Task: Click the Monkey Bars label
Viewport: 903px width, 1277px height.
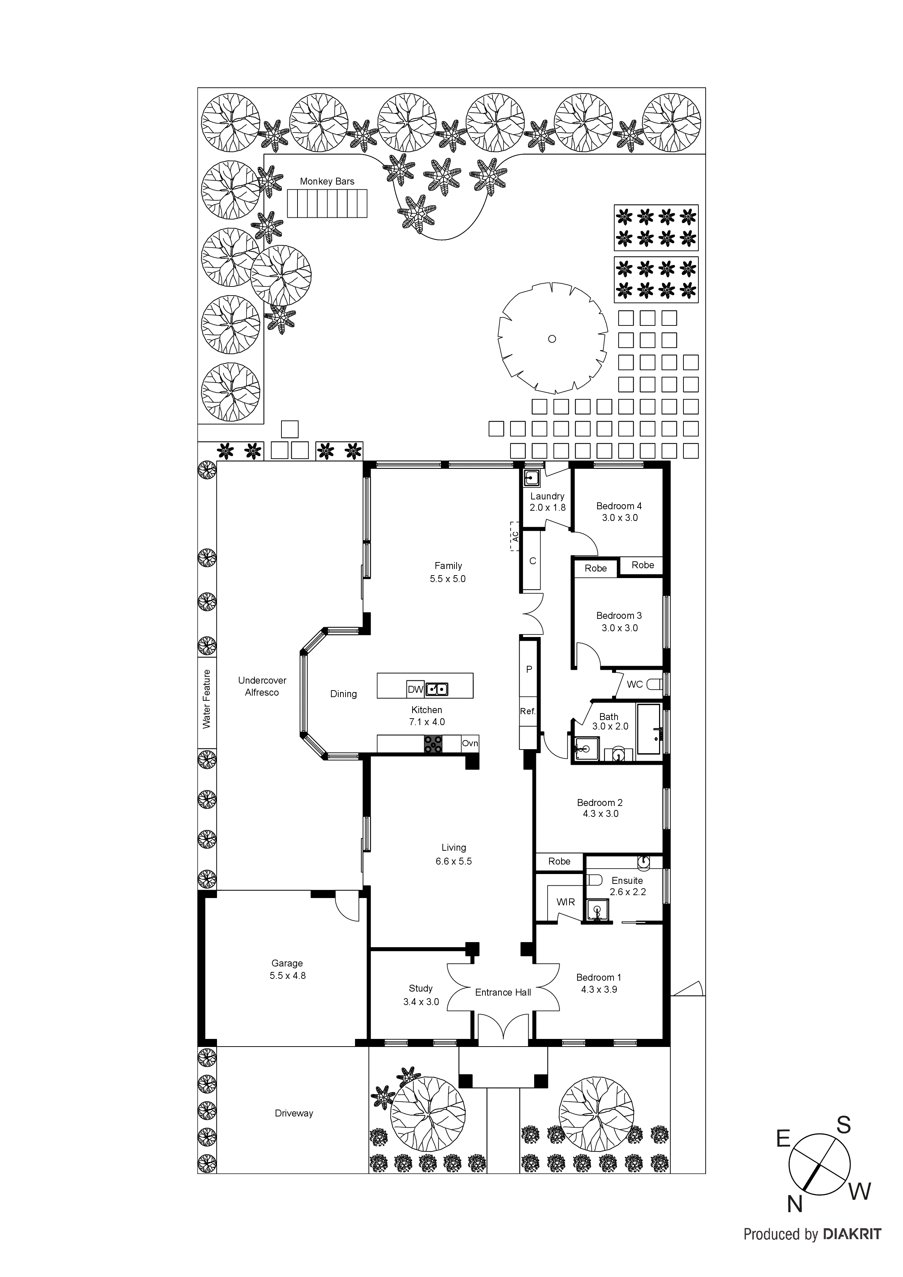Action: (x=327, y=181)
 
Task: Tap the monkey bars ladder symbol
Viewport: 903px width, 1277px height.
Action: (x=327, y=203)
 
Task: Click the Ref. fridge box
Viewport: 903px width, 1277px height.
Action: (x=528, y=711)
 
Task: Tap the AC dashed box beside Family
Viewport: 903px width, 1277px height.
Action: (x=514, y=536)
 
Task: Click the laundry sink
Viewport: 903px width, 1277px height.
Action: (x=532, y=478)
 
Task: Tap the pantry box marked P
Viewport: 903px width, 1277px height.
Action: (x=529, y=670)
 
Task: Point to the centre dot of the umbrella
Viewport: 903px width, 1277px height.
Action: (x=552, y=339)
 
